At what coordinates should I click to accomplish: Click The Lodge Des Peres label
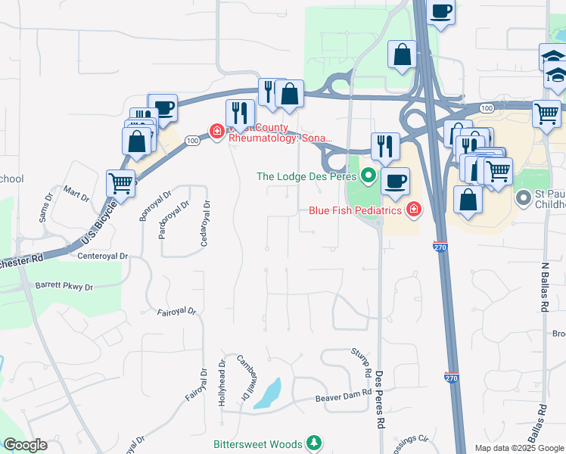306,176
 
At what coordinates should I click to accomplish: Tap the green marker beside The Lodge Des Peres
369,176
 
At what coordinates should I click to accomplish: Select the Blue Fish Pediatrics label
354,210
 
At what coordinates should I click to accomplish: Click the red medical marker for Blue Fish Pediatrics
414,210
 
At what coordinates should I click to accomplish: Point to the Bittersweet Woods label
257,443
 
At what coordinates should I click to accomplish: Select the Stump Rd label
360,363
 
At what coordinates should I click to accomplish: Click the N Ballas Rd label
545,287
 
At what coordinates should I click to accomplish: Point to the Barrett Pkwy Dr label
64,288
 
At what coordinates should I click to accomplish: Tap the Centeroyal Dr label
103,257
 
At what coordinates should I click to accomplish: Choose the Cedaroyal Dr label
204,223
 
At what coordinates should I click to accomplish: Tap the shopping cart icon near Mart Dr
121,182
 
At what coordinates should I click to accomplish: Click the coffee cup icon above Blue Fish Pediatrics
394,181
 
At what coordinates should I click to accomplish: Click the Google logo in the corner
26,445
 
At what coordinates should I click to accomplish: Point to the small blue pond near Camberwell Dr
269,393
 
